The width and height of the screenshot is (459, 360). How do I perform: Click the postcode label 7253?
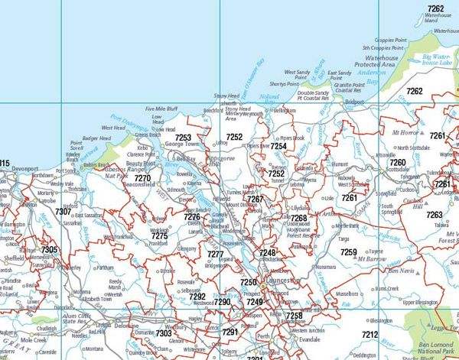tap(183, 137)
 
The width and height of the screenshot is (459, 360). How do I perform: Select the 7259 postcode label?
tap(348, 251)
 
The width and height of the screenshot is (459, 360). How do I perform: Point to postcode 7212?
tap(369, 335)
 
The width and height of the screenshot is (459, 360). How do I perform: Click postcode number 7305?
tap(50, 250)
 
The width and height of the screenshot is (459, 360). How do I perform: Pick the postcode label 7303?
tap(164, 333)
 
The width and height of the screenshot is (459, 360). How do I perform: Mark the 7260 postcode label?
tap(398, 163)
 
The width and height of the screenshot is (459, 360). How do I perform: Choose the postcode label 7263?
tap(435, 215)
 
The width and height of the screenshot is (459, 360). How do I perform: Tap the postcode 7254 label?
tap(278, 145)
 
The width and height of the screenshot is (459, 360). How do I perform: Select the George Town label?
tap(181, 144)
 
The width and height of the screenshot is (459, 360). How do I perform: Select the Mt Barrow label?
tap(373, 261)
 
